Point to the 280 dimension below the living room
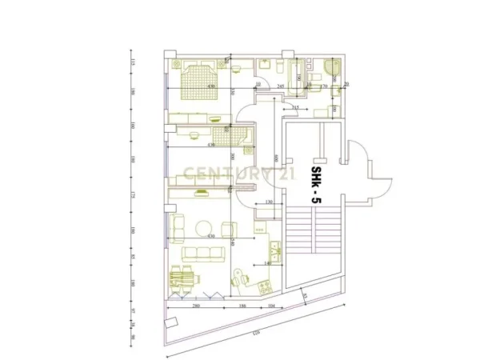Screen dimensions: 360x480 tap(195, 306)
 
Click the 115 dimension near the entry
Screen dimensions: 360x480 tap(295, 106)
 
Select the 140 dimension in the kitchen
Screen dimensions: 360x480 tap(267, 262)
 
